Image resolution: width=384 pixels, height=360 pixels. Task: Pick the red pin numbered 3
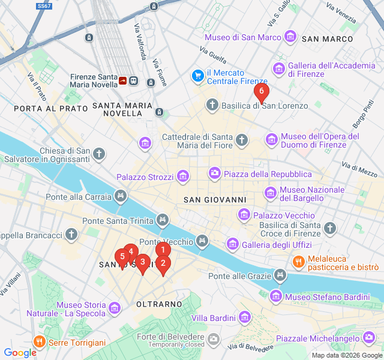[142, 262]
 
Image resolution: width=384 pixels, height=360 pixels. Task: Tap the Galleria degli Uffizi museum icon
[232, 244]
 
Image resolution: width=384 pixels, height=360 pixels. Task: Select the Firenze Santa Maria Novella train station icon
[133, 80]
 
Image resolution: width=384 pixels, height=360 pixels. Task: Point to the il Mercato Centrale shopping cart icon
[197, 76]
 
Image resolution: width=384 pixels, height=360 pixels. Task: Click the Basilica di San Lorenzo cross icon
[212, 106]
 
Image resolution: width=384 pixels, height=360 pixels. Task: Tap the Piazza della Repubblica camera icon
[214, 174]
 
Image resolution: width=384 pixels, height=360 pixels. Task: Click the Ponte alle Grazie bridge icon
[280, 276]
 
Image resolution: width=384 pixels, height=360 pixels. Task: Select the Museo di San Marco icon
[290, 37]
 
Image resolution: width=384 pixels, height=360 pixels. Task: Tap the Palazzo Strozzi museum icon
[183, 177]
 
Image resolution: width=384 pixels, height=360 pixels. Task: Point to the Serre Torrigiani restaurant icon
[39, 343]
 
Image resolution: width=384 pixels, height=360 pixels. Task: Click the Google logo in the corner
[20, 353]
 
